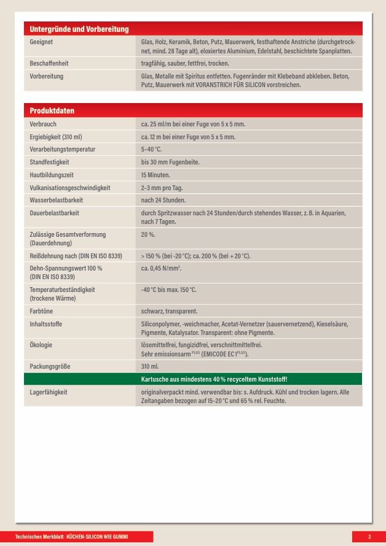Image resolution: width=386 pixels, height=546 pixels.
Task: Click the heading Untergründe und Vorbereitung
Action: coord(79,29)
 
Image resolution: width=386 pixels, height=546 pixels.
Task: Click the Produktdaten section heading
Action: coord(52,110)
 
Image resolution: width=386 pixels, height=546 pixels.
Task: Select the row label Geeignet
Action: coord(41,42)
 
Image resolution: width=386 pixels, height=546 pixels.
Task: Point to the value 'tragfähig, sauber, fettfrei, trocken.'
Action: coord(185,63)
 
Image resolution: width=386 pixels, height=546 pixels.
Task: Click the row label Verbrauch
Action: coord(43,124)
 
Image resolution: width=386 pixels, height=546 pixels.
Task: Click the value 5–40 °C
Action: coord(152,149)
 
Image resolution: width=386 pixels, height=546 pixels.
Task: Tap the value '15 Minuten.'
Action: coord(155,175)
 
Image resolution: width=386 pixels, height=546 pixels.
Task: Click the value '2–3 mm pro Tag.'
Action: coord(162,188)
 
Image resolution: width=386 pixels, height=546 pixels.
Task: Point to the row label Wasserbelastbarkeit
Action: coord(56,200)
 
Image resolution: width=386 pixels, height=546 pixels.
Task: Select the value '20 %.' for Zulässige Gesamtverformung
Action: coord(148,234)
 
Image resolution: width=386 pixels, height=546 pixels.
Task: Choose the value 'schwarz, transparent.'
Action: coord(169,311)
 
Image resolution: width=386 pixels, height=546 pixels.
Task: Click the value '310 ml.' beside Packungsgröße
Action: coord(150,366)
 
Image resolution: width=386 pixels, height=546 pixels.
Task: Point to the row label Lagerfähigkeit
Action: coord(48,391)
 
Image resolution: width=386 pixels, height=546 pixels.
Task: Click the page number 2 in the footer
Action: coord(369,537)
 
